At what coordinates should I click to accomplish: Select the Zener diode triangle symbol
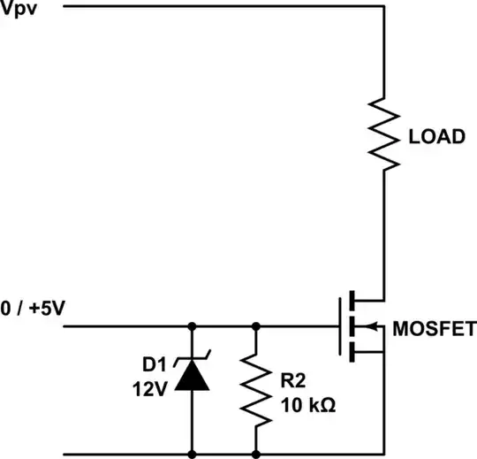tap(192, 378)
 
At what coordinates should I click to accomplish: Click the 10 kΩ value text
tap(307, 406)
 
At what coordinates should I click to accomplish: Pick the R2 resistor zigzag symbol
tap(255, 389)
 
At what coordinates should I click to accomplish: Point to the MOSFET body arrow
tap(375, 326)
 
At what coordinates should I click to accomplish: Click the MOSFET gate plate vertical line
tap(340, 326)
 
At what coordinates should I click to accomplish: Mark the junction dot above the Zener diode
tap(192, 326)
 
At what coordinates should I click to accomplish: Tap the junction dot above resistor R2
tap(255, 326)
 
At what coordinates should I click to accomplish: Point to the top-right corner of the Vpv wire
tap(384, 7)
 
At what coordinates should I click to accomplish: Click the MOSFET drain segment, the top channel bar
tap(352, 299)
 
